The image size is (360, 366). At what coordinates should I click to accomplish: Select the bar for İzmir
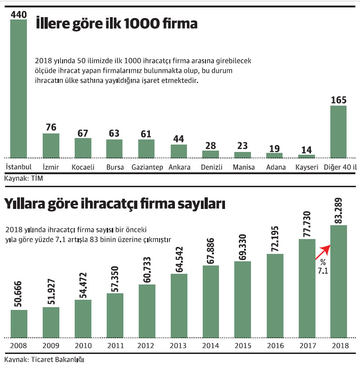[51, 145]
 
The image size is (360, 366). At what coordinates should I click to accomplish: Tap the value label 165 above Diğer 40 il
[338, 100]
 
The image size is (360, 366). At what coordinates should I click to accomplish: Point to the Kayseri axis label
[307, 167]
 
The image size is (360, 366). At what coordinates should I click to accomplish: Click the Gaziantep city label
[147, 167]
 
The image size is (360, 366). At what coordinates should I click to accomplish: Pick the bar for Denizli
[211, 153]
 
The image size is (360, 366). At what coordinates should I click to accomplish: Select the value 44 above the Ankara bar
[179, 139]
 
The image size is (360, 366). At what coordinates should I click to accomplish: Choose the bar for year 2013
[179, 305]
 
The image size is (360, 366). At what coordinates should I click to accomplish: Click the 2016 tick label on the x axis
[275, 346]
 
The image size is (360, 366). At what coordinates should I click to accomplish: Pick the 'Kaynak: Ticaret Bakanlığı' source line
[45, 360]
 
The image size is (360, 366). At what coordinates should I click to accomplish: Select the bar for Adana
[275, 155]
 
